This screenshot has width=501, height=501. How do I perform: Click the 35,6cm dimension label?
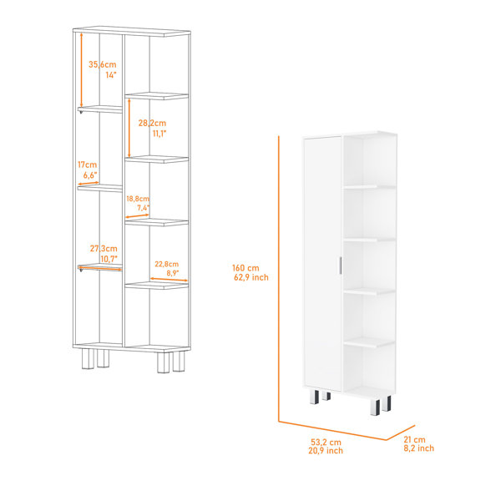(102, 64)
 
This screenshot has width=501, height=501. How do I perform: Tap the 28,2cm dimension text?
(152, 123)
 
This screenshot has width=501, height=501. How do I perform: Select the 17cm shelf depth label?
(87, 164)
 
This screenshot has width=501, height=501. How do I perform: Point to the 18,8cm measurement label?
(138, 199)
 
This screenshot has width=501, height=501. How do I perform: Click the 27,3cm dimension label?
(104, 249)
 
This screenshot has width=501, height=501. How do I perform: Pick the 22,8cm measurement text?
(167, 264)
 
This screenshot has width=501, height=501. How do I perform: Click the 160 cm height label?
(245, 268)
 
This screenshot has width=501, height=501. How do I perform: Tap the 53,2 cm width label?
(326, 443)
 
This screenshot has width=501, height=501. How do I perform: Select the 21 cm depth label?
(414, 440)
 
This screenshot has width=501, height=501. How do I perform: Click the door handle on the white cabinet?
(339, 266)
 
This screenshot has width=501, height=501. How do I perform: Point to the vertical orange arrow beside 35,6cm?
(82, 70)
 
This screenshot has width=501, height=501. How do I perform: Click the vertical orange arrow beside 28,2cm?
(129, 128)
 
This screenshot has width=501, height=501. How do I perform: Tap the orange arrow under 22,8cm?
(169, 280)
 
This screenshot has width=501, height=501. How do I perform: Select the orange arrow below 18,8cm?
(137, 216)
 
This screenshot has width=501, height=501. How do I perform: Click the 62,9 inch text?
(251, 277)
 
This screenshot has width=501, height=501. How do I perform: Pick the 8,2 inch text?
(419, 448)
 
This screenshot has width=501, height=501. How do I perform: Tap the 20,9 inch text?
(326, 451)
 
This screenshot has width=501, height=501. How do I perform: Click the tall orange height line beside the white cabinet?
(279, 279)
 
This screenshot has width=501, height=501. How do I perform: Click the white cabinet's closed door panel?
(322, 263)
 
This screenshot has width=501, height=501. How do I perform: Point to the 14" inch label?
(111, 75)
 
